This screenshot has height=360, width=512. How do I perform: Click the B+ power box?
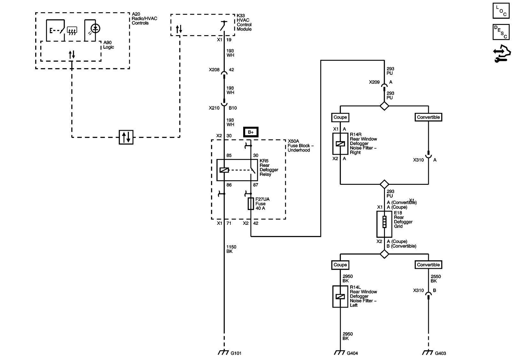[x=251, y=132]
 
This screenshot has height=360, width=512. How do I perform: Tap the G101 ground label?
[x=236, y=353]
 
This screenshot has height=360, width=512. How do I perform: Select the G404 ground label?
[x=352, y=353]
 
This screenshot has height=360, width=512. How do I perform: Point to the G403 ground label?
[x=440, y=353]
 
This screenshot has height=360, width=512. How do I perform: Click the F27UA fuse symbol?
[x=251, y=204]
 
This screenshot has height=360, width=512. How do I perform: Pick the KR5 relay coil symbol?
[x=224, y=170]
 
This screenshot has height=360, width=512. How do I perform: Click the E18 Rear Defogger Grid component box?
[x=384, y=224]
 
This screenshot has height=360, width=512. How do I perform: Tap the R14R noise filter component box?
[x=340, y=144]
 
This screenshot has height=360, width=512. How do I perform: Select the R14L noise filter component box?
[x=340, y=296]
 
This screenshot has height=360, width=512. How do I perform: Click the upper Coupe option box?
[x=340, y=117]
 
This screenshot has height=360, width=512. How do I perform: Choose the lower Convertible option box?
[x=428, y=265]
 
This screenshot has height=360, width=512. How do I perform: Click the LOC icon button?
[x=501, y=11]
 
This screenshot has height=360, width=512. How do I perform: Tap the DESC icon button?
[x=501, y=32]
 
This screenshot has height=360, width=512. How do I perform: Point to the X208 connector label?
[x=214, y=70]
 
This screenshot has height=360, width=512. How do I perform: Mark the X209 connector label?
[x=374, y=82]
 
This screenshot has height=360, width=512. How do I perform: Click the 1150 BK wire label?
[x=231, y=249]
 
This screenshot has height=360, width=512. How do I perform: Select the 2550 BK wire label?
[x=436, y=279]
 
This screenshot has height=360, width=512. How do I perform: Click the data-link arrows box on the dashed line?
[x=126, y=137]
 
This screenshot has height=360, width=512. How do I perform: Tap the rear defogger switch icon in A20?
[x=72, y=31]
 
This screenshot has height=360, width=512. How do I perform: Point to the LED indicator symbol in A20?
[x=95, y=28]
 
